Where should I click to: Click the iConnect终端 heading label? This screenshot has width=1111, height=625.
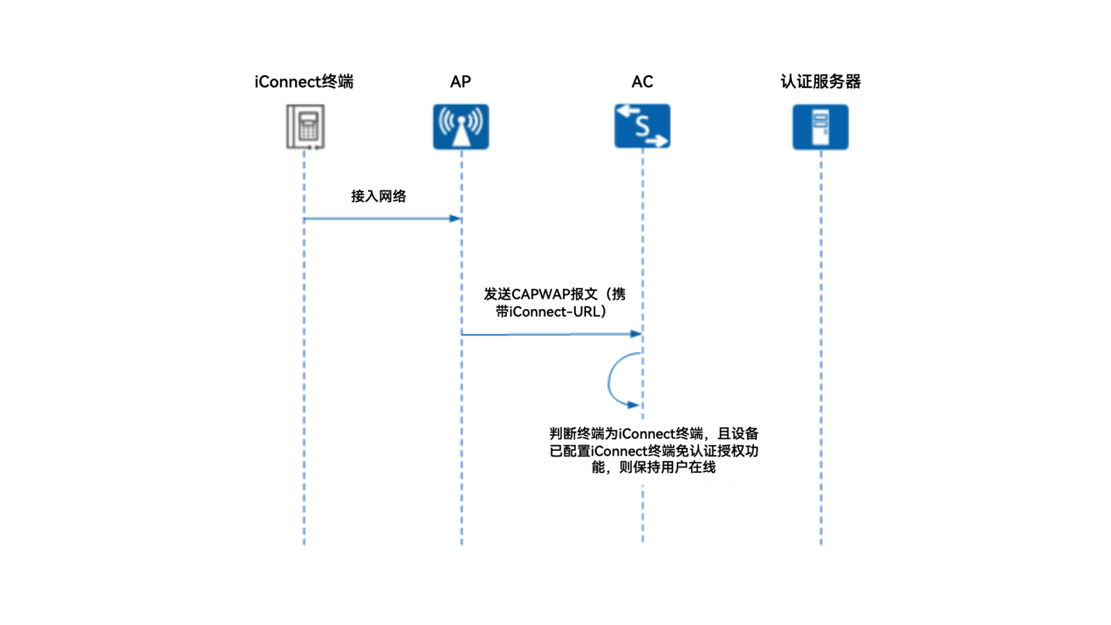point(303,82)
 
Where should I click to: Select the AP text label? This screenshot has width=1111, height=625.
point(460,82)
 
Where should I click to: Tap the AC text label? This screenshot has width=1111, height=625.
point(642,82)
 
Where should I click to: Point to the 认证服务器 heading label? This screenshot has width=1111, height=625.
point(820,82)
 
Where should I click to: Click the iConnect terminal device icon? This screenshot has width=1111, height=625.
point(306,126)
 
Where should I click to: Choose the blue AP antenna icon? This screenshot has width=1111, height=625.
point(460,126)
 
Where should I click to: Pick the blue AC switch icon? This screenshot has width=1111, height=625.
point(642,126)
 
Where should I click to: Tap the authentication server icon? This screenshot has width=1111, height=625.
point(820,126)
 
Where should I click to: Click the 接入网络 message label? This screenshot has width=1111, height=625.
point(378,197)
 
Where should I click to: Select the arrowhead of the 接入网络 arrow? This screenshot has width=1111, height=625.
point(456,219)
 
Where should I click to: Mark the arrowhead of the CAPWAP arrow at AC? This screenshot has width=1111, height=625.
point(636,334)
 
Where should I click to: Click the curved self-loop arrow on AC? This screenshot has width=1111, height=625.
point(610,379)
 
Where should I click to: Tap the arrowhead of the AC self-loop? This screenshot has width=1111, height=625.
point(633,405)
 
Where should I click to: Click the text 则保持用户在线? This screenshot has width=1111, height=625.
point(667,467)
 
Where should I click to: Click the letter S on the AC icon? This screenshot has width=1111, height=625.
point(642,126)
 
